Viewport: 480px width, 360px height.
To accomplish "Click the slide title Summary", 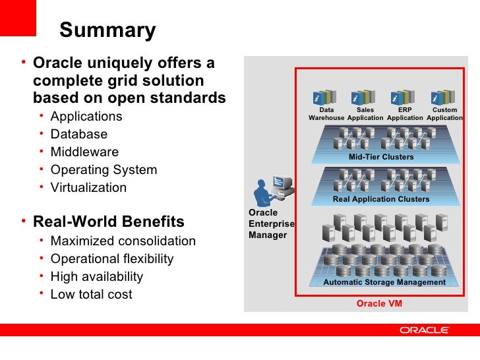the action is [107, 30].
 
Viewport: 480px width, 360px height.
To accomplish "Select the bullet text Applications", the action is [86, 117].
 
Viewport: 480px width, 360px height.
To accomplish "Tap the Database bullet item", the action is [78, 135].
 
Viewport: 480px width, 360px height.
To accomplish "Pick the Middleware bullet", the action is [84, 152].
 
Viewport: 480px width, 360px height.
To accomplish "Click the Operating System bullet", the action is [104, 170].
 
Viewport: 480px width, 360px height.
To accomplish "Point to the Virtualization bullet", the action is [88, 188].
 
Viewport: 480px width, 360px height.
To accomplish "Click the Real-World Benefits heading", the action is [109, 221].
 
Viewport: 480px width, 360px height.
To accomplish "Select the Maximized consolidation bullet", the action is [123, 241].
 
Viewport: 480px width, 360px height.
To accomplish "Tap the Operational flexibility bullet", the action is [112, 259].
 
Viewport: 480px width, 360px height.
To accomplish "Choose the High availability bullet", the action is [96, 277].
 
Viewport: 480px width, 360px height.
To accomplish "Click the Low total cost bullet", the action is [91, 295].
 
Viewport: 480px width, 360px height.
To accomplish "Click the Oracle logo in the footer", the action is [424, 330].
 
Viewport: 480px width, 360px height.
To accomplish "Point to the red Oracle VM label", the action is [379, 304].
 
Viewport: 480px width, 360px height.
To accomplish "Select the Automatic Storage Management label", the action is [384, 282].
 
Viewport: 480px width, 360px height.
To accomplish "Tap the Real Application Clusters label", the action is [381, 199].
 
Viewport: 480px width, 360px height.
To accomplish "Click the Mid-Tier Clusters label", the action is [381, 157].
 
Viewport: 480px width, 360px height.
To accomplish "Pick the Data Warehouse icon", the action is [326, 97].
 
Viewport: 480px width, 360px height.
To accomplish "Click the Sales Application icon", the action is [365, 97].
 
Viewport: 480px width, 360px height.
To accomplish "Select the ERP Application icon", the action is [404, 97].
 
